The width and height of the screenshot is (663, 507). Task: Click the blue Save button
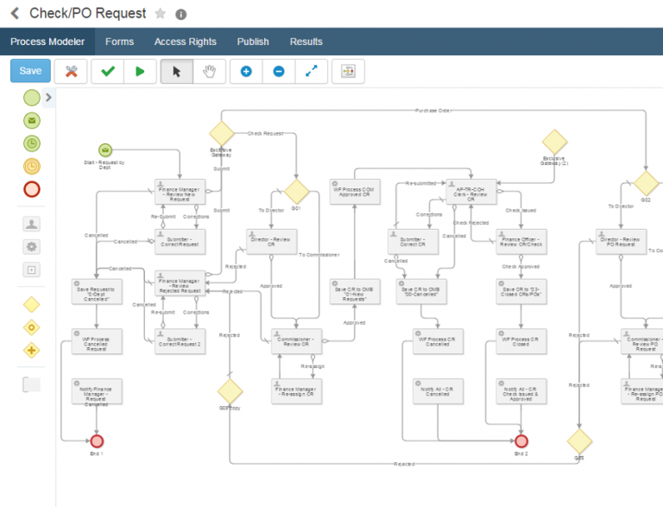coord(30,71)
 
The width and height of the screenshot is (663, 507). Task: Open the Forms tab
coord(119,41)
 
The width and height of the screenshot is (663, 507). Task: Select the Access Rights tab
coord(185,41)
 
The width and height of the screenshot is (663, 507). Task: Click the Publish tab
coord(253,41)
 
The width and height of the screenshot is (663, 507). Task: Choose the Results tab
coord(306,41)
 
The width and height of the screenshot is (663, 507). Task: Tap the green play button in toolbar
coord(140,72)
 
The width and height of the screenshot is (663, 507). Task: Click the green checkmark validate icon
coord(107,72)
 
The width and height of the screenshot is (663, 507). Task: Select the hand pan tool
coord(209,72)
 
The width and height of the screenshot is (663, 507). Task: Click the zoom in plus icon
coord(246,72)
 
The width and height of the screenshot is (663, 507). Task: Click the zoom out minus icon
coord(279,72)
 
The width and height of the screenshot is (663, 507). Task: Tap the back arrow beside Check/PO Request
coord(15,14)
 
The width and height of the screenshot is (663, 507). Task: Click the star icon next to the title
coord(160,14)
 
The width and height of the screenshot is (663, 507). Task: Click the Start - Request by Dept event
coord(105,150)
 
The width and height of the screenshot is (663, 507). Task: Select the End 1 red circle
coord(97,441)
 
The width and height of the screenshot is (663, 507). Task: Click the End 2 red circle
coord(521,441)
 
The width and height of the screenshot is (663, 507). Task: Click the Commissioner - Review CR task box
coord(297,341)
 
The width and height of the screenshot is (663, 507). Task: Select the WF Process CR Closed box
coord(521,341)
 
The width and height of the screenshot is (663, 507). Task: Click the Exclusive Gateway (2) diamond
coord(554,142)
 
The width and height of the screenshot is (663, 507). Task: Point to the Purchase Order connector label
coord(433,111)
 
